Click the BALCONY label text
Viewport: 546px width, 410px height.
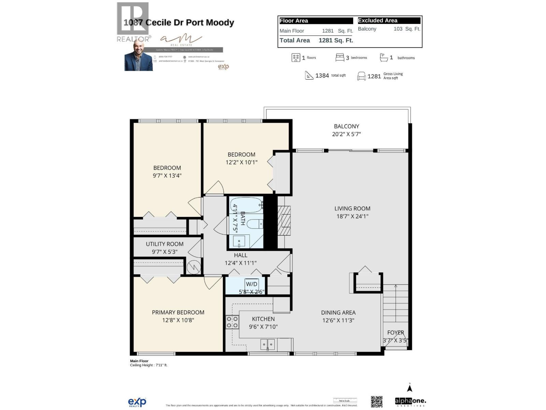pos(346,126)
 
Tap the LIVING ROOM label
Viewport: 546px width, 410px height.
pos(352,208)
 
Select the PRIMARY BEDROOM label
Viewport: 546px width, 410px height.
pos(178,312)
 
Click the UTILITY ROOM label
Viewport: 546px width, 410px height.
pos(164,244)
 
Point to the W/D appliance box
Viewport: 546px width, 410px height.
pos(252,284)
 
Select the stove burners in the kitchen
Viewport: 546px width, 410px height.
pos(232,322)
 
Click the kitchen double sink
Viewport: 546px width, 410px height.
pos(268,344)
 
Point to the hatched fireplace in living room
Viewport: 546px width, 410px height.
pos(284,221)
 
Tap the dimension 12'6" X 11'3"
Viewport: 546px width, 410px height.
pos(338,320)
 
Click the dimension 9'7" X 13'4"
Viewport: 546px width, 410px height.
pos(167,176)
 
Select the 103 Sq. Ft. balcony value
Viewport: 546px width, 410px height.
pos(406,29)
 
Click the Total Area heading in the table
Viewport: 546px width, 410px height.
pos(294,40)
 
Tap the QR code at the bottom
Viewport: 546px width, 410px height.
pos(377,401)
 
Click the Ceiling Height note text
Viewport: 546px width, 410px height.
pos(148,365)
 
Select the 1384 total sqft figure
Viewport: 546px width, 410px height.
pos(322,76)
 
